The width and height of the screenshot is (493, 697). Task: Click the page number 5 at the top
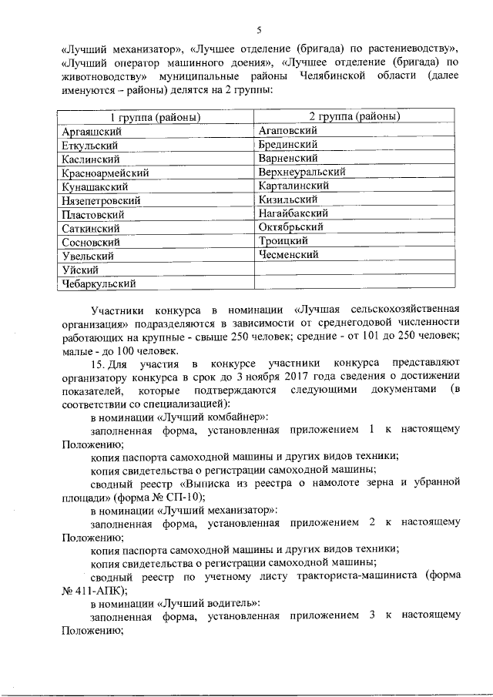coord(260,31)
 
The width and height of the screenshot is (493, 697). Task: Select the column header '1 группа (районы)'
coord(157,118)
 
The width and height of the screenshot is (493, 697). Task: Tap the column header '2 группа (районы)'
coord(353,117)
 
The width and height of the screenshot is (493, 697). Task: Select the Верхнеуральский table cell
coord(302,172)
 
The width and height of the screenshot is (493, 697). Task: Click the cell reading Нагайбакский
coord(294,213)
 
